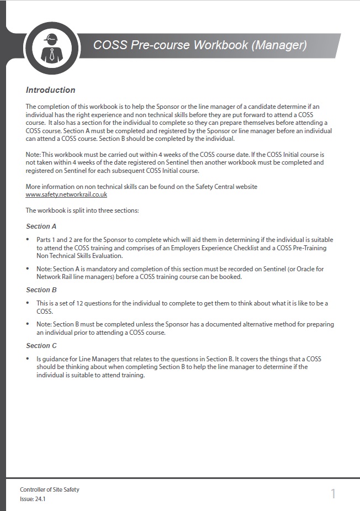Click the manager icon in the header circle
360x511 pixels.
[x=51, y=49]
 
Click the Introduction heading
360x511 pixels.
[x=50, y=90]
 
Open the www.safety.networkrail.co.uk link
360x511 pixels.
[x=66, y=194]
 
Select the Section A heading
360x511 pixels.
[x=41, y=226]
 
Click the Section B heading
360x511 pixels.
[x=41, y=290]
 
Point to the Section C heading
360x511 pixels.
[x=41, y=346]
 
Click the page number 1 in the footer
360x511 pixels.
[x=333, y=493]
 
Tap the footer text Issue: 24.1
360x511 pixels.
[x=33, y=498]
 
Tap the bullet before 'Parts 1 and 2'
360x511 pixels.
[x=28, y=240]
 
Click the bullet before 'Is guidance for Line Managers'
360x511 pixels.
[x=28, y=359]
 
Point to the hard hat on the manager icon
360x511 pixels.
[x=51, y=38]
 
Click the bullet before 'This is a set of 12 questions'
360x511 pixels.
[x=28, y=303]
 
